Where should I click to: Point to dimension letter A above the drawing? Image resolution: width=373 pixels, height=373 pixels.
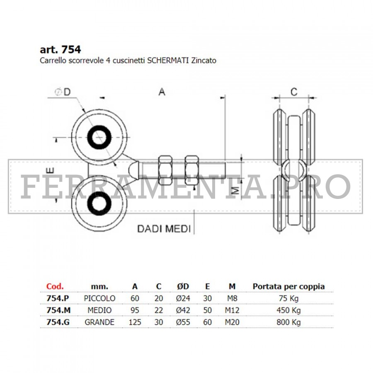pos(162,92)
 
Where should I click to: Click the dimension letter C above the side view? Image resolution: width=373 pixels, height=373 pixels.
pos(293,92)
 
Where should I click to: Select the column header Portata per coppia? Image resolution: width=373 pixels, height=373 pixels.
pos(288,286)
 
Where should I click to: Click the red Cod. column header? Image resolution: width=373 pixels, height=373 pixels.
pos(55,286)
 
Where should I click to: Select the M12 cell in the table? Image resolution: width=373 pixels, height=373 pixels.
pos(232,310)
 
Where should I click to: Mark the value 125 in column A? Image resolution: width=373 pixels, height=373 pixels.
pos(135,322)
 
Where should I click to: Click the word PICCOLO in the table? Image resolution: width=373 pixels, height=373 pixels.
pos(99,298)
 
